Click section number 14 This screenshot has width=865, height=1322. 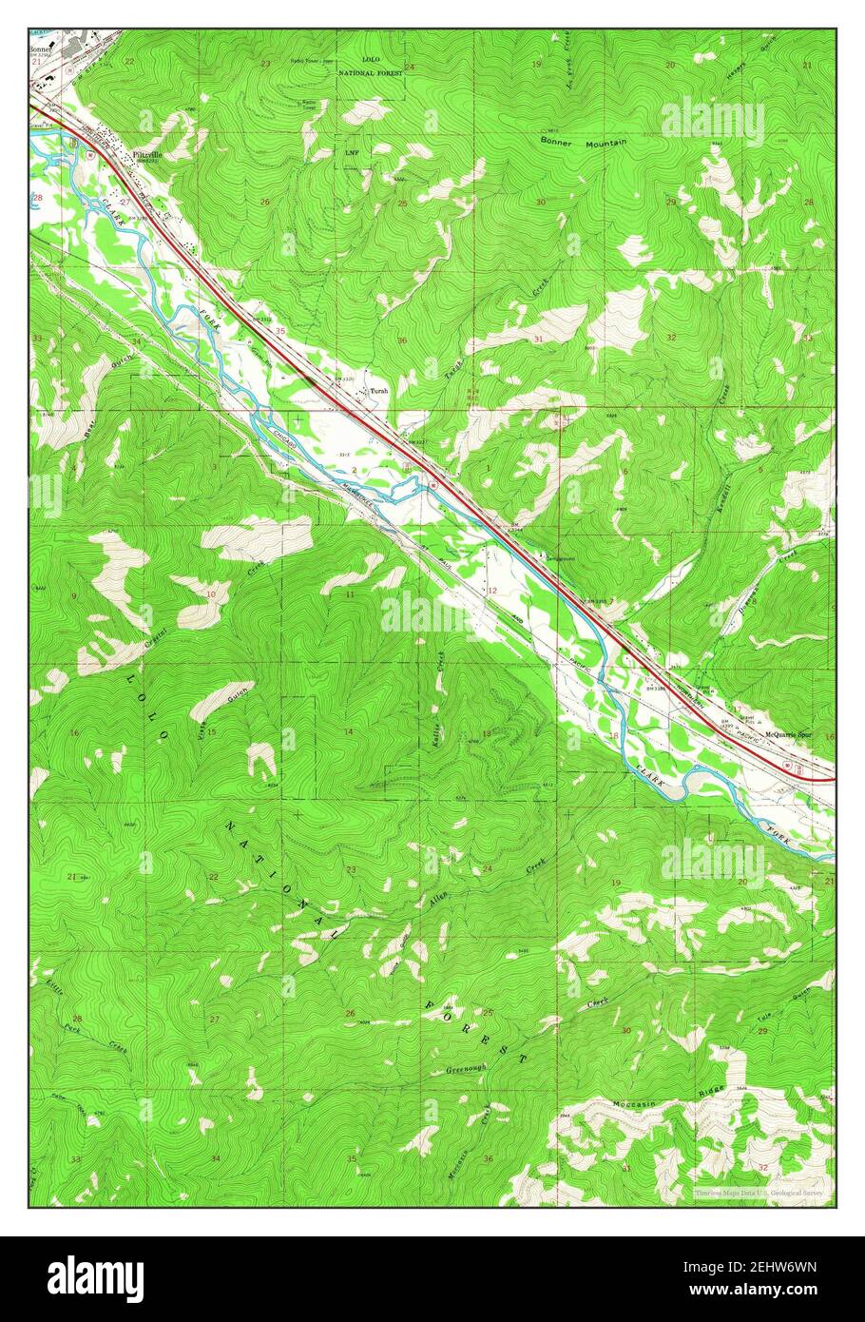(x=349, y=731)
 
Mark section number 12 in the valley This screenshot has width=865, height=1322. (x=492, y=591)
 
